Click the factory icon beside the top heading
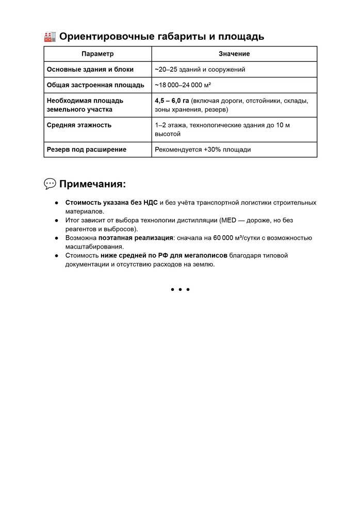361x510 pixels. [x=50, y=37]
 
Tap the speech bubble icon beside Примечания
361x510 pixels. [x=50, y=184]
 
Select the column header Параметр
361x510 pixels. [x=97, y=54]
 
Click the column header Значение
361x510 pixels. [x=234, y=54]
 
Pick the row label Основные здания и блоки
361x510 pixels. [x=90, y=69]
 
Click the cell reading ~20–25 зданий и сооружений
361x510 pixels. [x=200, y=69]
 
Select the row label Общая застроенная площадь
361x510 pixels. [x=95, y=85]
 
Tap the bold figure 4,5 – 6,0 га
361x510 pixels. [x=172, y=101]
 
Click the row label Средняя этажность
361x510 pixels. [x=79, y=125]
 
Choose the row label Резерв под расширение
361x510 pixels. [x=87, y=150]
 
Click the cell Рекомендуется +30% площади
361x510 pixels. [x=203, y=150]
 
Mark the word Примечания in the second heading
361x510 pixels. [x=92, y=184]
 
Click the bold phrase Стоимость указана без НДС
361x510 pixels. [x=111, y=203]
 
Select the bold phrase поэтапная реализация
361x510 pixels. [x=136, y=238]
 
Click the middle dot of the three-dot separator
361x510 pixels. [x=180, y=289]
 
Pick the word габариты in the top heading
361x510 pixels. [x=182, y=37]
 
